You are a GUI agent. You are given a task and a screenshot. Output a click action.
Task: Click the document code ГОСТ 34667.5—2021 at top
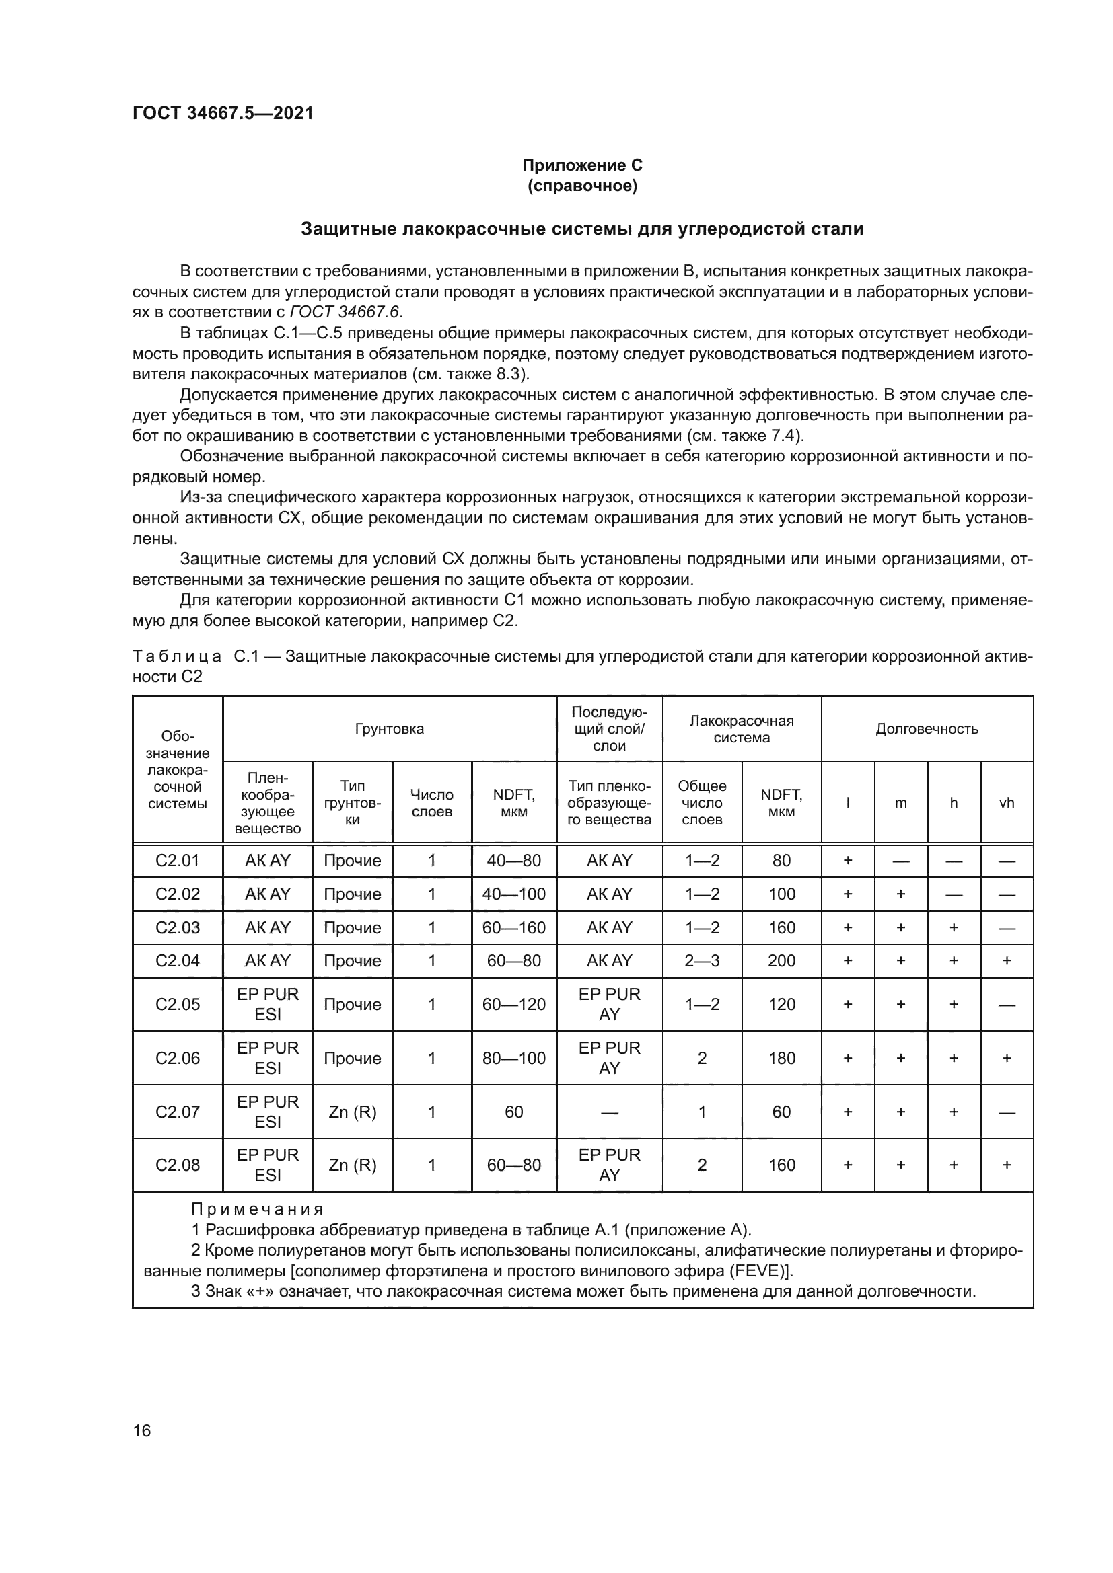pos(223,113)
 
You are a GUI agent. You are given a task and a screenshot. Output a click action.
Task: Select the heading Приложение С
pos(582,165)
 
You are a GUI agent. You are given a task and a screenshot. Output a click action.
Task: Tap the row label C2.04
pos(178,960)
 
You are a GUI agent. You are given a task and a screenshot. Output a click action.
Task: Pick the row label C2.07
pos(178,1111)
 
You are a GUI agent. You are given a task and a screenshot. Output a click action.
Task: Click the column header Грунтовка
pos(389,728)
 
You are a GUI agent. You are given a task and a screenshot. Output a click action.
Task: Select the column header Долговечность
pos(927,728)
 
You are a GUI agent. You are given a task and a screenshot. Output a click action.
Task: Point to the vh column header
pos(1006,803)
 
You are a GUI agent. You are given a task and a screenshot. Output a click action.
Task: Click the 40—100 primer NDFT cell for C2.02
pos(514,894)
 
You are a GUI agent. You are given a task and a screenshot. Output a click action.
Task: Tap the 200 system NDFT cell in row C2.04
pos(781,960)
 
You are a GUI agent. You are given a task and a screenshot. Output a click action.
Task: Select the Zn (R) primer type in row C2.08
pos(352,1165)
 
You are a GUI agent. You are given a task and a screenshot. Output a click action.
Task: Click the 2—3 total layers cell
pos(702,960)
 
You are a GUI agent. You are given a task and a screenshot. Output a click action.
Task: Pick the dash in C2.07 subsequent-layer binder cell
pos(608,1112)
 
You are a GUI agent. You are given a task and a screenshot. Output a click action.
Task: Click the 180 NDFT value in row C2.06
pos(781,1058)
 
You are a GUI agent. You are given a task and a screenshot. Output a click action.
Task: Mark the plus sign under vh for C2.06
pos(1006,1058)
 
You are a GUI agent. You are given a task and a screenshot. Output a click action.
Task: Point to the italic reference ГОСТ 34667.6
pos(346,313)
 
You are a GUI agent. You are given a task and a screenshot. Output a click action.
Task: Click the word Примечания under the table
pos(257,1209)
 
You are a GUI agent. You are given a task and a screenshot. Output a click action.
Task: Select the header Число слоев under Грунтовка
pos(432,803)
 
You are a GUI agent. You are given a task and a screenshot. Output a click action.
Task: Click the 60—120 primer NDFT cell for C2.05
pos(514,1004)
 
